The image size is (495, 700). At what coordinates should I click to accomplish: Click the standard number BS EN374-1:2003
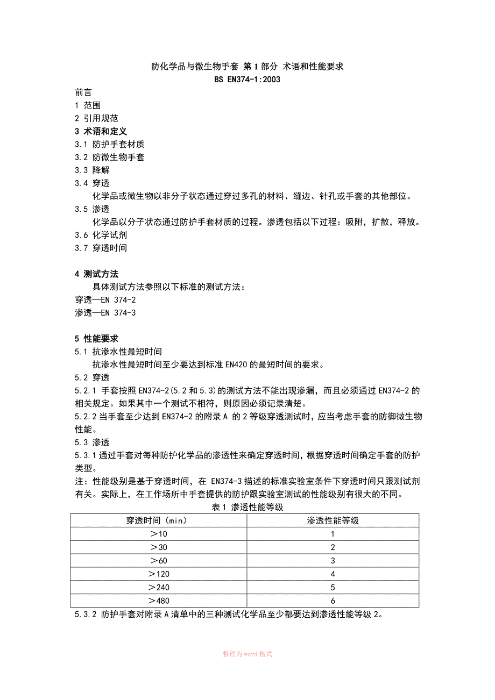[247, 80]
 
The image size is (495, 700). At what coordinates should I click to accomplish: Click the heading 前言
[83, 92]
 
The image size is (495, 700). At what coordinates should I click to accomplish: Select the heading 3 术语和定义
[101, 131]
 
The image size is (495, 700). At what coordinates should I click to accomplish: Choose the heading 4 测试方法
[97, 274]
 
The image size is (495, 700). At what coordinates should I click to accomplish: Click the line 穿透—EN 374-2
[105, 299]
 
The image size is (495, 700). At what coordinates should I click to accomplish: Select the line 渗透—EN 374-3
[105, 312]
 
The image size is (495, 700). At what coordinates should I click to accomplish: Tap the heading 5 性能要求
[97, 338]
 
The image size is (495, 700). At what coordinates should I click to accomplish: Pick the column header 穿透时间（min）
[158, 520]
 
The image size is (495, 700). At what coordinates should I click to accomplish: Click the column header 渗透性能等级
[333, 520]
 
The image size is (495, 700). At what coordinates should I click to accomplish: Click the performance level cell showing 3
[333, 561]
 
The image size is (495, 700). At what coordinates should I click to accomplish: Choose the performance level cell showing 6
[333, 601]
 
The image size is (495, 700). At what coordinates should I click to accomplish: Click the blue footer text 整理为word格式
[247, 654]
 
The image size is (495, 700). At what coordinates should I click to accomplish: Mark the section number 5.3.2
[85, 614]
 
